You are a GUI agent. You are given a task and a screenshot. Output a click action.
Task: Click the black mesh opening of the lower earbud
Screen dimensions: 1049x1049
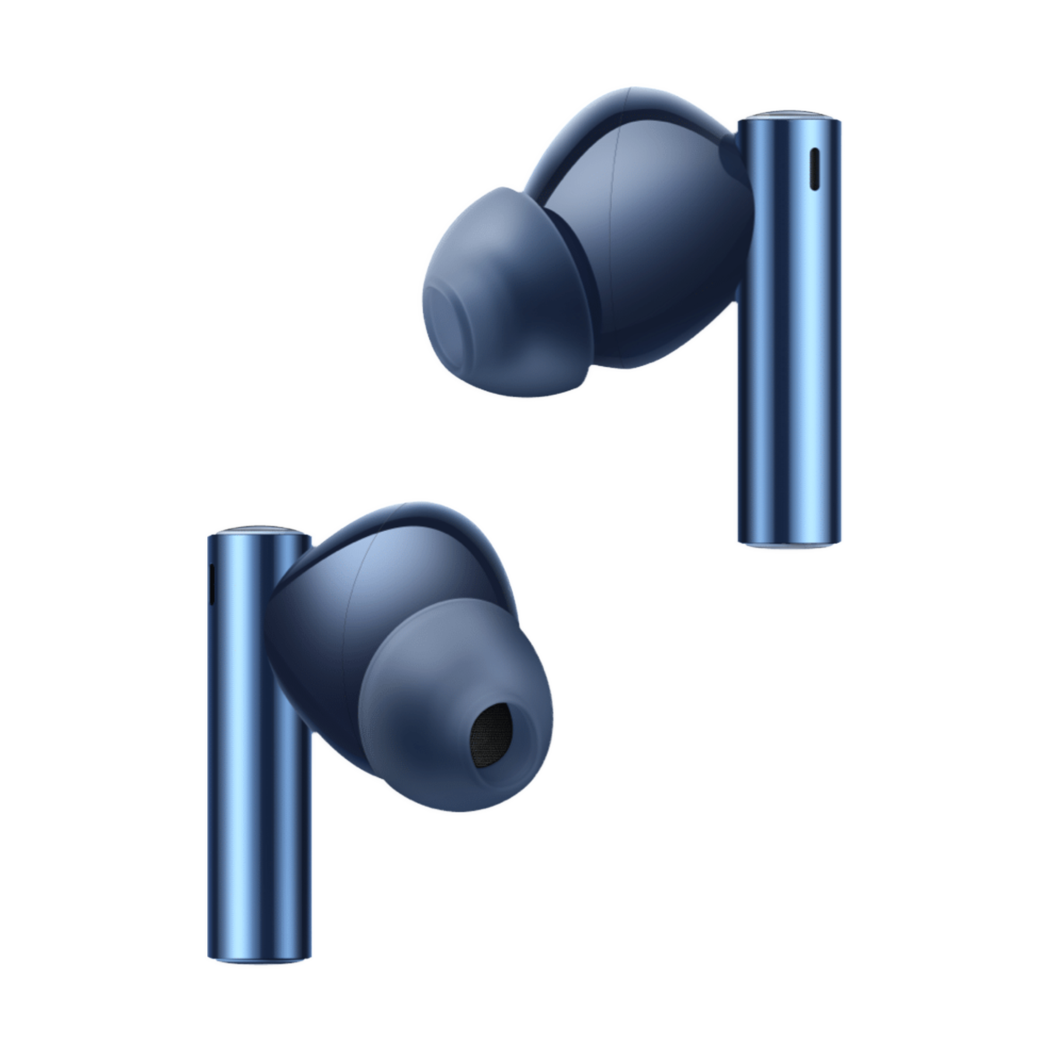coord(491,737)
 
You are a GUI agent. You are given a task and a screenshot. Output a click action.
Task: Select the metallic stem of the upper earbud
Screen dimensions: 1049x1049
coord(788,353)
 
